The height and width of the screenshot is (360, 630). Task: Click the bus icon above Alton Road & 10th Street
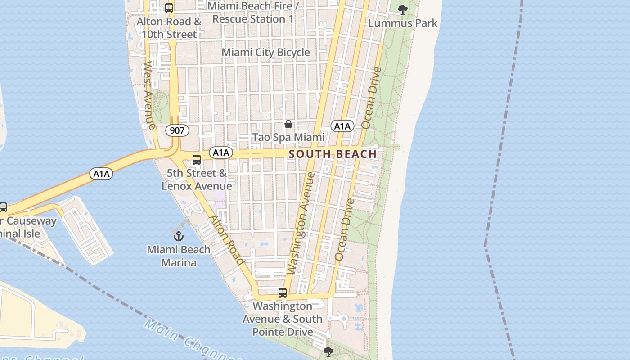pos(169,8)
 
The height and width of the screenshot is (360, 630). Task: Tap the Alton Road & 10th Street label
pos(169,28)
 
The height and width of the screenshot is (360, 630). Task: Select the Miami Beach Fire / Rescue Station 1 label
pos(253,13)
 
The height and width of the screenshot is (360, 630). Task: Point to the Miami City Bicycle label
pos(265,52)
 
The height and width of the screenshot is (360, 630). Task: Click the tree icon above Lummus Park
pos(403,9)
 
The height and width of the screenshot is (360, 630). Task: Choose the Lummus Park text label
pos(403,22)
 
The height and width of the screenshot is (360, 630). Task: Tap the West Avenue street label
pos(149,95)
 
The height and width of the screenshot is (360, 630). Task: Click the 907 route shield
pos(177,130)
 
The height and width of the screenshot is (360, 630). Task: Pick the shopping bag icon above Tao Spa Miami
pos(288,124)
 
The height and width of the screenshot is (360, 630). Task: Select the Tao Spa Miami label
pos(288,137)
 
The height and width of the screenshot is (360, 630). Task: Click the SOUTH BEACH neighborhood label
pos(333,154)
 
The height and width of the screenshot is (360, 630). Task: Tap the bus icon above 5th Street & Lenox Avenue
pos(197,160)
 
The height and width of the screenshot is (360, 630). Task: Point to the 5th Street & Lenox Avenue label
pos(197,180)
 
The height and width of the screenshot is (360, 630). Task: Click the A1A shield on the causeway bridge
pos(101,174)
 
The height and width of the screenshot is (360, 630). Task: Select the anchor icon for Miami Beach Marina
pos(179,235)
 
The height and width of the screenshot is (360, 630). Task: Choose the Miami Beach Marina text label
pos(179,256)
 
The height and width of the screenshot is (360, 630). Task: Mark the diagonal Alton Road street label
pos(227,240)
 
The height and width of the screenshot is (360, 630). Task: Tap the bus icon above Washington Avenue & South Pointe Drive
pos(283,293)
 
